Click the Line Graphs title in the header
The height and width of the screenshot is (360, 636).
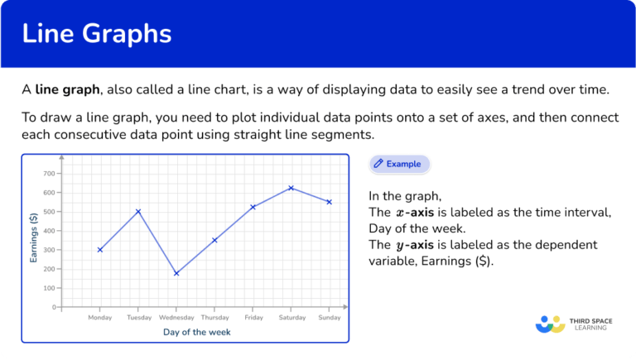pyautogui.click(x=97, y=34)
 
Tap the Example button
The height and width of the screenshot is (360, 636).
pyautogui.click(x=399, y=164)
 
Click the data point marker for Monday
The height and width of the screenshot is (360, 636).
pyautogui.click(x=100, y=250)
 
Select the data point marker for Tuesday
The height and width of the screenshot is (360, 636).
pyautogui.click(x=138, y=211)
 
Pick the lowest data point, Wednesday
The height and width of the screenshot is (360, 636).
pyautogui.click(x=176, y=273)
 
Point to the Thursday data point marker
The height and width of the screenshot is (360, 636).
pyautogui.click(x=214, y=240)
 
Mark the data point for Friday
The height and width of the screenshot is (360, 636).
pyautogui.click(x=253, y=207)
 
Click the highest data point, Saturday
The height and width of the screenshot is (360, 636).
pyautogui.click(x=291, y=188)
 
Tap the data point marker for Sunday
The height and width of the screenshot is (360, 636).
pyautogui.click(x=329, y=202)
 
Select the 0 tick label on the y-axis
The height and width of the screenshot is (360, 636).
pyautogui.click(x=52, y=307)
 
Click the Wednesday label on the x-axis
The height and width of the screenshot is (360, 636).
pyautogui.click(x=176, y=317)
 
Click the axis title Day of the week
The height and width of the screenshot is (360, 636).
pyautogui.click(x=196, y=332)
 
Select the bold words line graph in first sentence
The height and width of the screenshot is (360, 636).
pyautogui.click(x=62, y=89)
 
